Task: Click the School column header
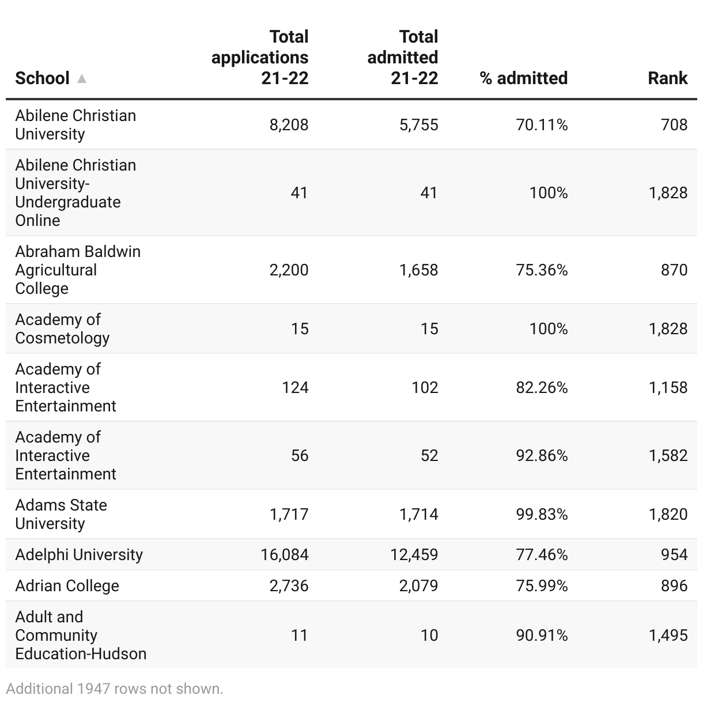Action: coord(42,78)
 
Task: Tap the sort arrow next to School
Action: coord(82,78)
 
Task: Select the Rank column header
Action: coord(667,78)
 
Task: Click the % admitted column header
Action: coord(523,78)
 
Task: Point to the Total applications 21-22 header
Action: coord(260,58)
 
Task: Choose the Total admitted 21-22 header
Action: coord(403,58)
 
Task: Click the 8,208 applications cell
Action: coord(289,124)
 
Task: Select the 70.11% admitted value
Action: coord(542,124)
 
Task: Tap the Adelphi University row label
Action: coord(79,554)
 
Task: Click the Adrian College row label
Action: coord(67,585)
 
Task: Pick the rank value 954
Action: coord(674,554)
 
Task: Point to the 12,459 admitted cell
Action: coord(414,554)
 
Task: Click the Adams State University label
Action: coord(61,514)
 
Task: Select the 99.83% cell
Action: coord(542,514)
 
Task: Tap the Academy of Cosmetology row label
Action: coord(62,328)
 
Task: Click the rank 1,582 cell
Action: coord(668,455)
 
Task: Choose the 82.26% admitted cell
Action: coord(542,387)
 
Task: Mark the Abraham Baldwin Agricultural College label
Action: coord(78,270)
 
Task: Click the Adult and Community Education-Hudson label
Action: coord(81,635)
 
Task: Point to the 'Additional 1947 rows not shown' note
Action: coord(115,689)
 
